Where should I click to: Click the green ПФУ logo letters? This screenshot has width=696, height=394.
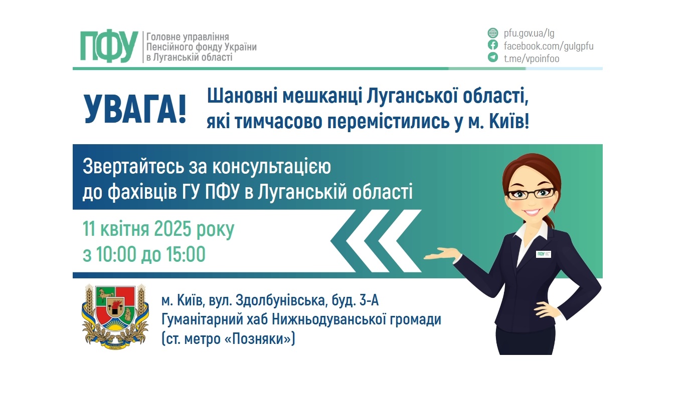109,47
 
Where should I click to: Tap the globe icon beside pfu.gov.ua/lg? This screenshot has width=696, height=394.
493,34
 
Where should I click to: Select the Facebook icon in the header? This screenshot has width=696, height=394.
493,46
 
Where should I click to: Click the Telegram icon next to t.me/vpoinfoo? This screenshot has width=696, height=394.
493,58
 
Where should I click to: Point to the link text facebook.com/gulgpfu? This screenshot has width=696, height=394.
549,46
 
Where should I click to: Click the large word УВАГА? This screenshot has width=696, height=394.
135,108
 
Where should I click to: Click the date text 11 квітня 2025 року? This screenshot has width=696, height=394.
158,229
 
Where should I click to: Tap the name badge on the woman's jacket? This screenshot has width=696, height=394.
543,254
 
